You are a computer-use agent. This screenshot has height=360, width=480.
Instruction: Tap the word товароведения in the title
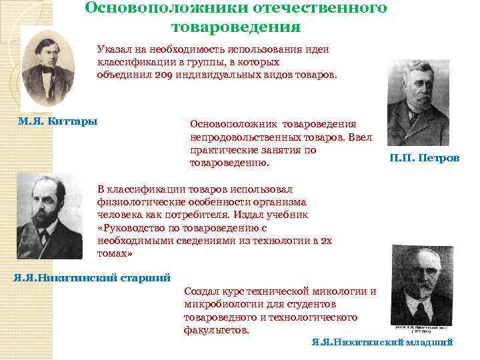pos(236,28)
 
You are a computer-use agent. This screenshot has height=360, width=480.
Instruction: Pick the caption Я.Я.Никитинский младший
pos(383,342)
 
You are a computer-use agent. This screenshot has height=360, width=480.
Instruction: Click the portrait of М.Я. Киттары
pos(48,69)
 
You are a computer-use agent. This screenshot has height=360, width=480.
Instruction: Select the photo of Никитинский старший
pos(49,216)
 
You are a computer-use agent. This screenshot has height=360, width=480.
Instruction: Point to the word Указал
pos(115,49)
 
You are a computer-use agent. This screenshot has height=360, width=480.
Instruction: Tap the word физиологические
pos(143,201)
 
